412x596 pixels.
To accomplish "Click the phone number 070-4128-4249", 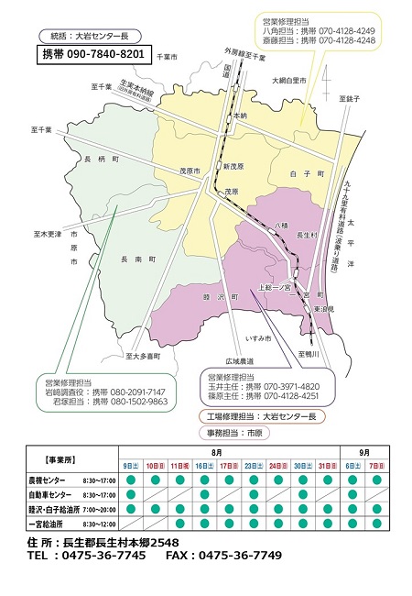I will [x=343, y=30].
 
